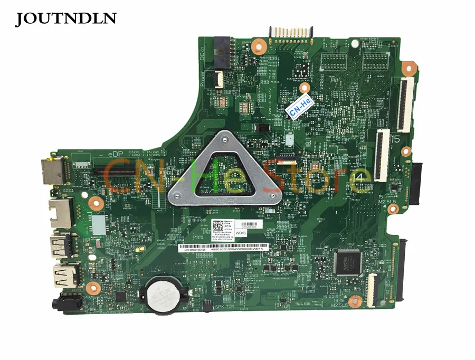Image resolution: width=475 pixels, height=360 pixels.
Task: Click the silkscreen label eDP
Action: click(x=116, y=153)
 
